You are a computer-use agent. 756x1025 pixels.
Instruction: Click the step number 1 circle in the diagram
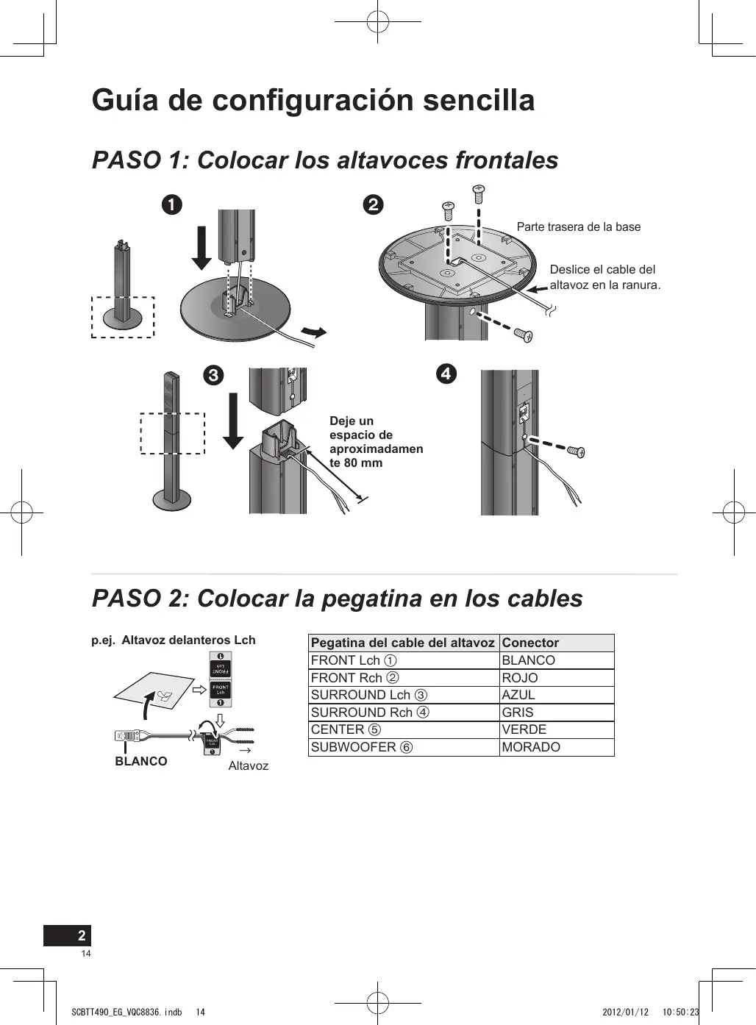pyautogui.click(x=172, y=204)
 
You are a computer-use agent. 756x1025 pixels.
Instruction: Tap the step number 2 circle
pyautogui.click(x=374, y=204)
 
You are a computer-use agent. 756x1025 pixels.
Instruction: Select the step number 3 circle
pyautogui.click(x=213, y=376)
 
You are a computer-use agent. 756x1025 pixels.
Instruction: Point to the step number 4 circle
pyautogui.click(x=446, y=374)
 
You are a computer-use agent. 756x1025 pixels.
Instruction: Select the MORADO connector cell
pyautogui.click(x=530, y=747)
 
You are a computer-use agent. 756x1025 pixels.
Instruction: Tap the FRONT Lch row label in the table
pyautogui.click(x=353, y=660)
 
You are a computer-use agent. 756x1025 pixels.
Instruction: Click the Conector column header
pyautogui.click(x=530, y=643)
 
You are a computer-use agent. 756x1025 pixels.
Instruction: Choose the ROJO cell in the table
pyautogui.click(x=519, y=678)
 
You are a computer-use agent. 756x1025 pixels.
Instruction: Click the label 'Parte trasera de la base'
pyautogui.click(x=578, y=227)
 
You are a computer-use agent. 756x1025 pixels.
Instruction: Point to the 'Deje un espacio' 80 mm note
pyautogui.click(x=376, y=442)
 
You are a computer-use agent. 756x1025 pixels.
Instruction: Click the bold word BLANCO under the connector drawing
pyautogui.click(x=141, y=762)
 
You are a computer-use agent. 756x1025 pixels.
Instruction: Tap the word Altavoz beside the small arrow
pyautogui.click(x=249, y=766)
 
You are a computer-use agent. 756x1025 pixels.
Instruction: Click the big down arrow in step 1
pyautogui.click(x=202, y=240)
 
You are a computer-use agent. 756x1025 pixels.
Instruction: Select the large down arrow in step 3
pyautogui.click(x=233, y=421)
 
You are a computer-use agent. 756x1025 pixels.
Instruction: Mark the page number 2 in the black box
pyautogui.click(x=82, y=935)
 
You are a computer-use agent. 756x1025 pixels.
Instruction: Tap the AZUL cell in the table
pyautogui.click(x=518, y=695)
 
